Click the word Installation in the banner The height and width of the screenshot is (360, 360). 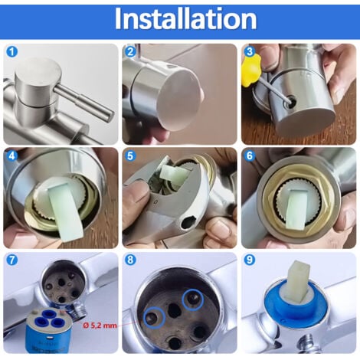tap(185, 19)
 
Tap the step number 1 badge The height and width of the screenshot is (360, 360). tap(12, 52)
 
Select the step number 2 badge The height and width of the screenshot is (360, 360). tap(131, 52)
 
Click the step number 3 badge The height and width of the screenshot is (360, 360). tap(250, 52)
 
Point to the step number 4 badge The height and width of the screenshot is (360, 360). tap(12, 156)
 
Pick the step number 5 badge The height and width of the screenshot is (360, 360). tap(131, 156)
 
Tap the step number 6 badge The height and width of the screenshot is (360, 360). tap(250, 156)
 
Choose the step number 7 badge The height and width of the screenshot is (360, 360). tap(12, 260)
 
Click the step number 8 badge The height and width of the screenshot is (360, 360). tap(131, 260)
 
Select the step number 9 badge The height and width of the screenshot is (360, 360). tap(250, 260)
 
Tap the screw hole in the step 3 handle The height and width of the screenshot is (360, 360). tap(291, 100)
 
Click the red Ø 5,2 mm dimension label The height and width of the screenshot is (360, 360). tap(100, 326)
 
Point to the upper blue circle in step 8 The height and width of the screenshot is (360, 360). tap(193, 299)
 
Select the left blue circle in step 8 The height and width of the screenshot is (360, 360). tap(155, 317)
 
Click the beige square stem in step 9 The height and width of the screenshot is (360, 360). tap(297, 280)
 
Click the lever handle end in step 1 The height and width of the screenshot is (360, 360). tap(108, 116)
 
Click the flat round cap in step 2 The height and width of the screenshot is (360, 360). tap(178, 102)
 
